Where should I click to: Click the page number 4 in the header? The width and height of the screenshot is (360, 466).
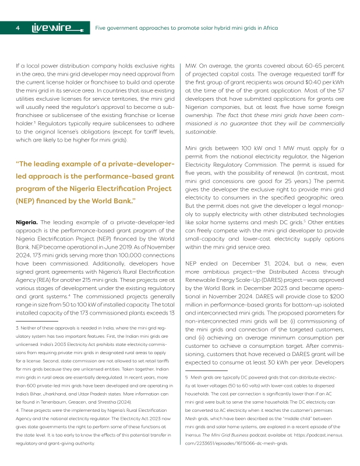18,27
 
